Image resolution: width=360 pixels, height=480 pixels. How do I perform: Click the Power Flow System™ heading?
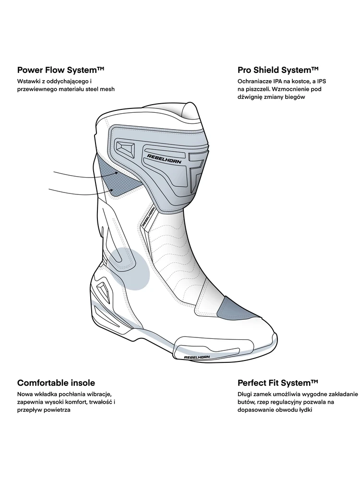[61, 70]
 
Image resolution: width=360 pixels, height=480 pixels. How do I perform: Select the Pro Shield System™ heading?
[278, 70]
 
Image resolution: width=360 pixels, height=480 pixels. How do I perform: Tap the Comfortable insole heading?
[56, 383]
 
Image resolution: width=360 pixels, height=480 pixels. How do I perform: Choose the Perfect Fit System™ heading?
[278, 383]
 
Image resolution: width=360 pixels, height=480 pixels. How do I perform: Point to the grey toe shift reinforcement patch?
[231, 307]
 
